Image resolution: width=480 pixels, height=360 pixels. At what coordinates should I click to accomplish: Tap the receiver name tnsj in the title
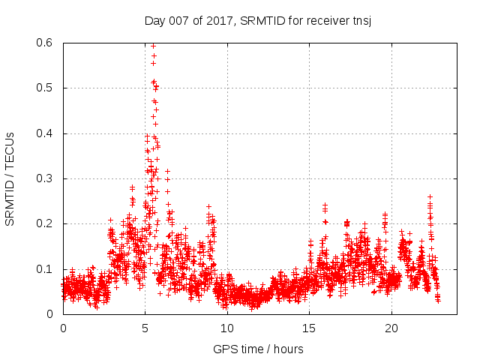pyautogui.click(x=361, y=20)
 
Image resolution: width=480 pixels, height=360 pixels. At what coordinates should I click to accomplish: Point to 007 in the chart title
pyautogui.click(x=178, y=20)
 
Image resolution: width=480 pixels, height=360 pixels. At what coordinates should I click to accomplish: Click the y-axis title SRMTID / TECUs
pyautogui.click(x=10, y=178)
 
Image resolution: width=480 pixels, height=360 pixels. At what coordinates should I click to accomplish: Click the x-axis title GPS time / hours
pyautogui.click(x=258, y=349)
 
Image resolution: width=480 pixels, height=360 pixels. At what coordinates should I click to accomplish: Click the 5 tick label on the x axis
pyautogui.click(x=145, y=328)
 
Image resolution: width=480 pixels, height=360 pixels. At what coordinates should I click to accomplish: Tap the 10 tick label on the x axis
pyautogui.click(x=227, y=328)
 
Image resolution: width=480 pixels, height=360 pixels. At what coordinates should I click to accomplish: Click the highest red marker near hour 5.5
pyautogui.click(x=153, y=46)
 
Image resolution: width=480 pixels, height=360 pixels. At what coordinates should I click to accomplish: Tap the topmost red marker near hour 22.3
pyautogui.click(x=430, y=196)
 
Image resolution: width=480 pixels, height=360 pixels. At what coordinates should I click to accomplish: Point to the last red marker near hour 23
pyautogui.click(x=438, y=300)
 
